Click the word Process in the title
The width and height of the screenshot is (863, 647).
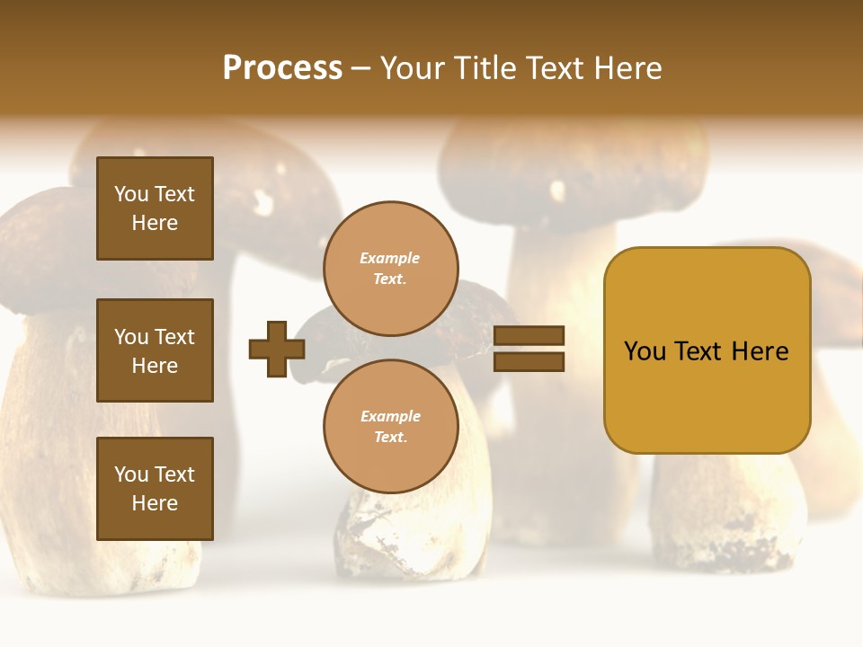[282, 68]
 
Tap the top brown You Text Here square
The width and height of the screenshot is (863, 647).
[155, 208]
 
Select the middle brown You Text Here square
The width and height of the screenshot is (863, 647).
[155, 350]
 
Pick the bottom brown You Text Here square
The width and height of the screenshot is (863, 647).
[155, 488]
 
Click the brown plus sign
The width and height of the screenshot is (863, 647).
[277, 349]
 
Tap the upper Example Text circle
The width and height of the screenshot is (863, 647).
[391, 269]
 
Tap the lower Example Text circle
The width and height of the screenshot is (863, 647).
[391, 426]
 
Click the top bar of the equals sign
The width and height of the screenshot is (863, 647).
[529, 335]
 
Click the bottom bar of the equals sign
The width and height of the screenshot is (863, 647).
[529, 361]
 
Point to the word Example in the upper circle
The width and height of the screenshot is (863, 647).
[389, 259]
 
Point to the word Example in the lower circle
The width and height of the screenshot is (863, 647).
[390, 416]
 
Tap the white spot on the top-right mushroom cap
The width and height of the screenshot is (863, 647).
[557, 191]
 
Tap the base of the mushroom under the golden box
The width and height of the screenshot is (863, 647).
[728, 530]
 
